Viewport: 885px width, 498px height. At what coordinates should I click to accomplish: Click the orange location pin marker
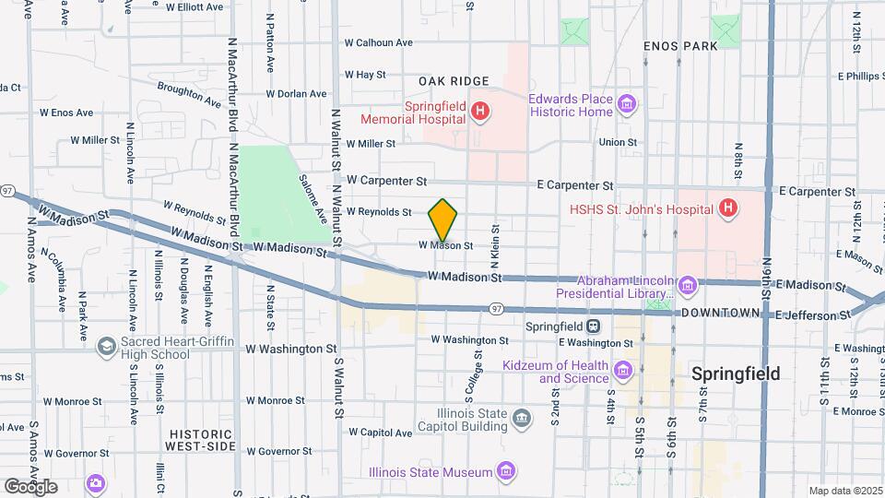point(443,219)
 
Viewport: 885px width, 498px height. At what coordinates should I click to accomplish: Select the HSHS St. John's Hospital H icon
point(728,208)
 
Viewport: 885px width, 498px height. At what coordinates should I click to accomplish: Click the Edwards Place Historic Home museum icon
point(627,104)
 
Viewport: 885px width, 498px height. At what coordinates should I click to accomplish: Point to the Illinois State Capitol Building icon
point(523,421)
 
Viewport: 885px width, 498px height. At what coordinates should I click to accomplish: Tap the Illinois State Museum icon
point(506,472)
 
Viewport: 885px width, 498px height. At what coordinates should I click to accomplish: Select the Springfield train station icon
point(595,326)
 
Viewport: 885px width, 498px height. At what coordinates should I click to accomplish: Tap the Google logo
point(31,486)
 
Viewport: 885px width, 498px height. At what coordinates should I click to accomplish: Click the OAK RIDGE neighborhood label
point(453,81)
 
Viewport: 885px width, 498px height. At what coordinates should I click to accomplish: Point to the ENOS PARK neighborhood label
point(680,45)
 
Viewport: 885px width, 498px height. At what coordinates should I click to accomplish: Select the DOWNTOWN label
point(720,314)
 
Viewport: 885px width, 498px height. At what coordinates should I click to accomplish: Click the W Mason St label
point(445,246)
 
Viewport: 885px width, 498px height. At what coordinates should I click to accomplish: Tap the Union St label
point(618,142)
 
